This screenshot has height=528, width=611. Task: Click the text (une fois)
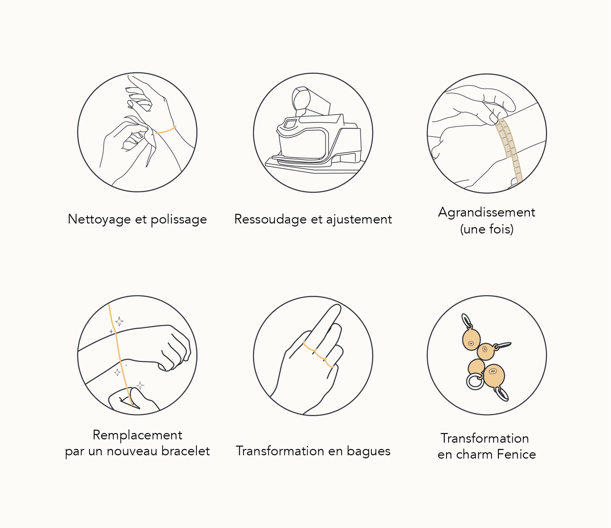[x=487, y=229]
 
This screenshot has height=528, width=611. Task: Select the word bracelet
[x=185, y=451]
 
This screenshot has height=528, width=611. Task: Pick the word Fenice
[x=516, y=454]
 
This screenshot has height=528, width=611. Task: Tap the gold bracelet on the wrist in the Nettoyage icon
[x=165, y=130]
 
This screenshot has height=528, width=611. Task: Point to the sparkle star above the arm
[x=119, y=321]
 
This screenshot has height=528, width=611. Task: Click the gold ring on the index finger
[x=309, y=346]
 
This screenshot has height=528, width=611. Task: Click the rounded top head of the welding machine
[x=301, y=99]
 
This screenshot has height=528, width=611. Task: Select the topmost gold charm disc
[x=471, y=340]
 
